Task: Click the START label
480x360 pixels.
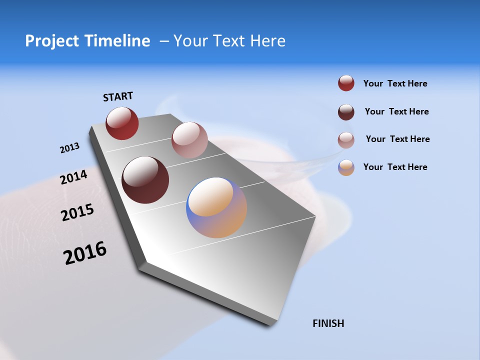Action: (118, 96)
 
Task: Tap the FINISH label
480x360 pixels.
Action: (328, 323)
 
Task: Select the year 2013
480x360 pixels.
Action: (69, 148)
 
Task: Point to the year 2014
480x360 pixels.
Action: (73, 177)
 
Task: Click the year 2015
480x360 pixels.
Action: (77, 212)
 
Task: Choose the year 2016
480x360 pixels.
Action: (85, 253)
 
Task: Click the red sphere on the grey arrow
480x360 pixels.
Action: (122, 123)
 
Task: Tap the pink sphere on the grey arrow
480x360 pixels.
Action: (189, 140)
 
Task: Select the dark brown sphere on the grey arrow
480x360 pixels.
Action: (145, 180)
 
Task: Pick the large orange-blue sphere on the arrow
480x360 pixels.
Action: (216, 207)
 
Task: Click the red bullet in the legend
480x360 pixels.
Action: (346, 83)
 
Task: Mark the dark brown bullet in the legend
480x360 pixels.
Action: (346, 112)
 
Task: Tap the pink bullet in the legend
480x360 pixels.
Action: (346, 140)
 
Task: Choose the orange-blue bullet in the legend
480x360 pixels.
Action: (346, 167)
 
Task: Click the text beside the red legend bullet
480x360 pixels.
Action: (395, 83)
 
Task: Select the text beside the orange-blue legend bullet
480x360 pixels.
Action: (395, 167)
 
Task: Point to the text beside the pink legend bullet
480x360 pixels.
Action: (397, 139)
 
